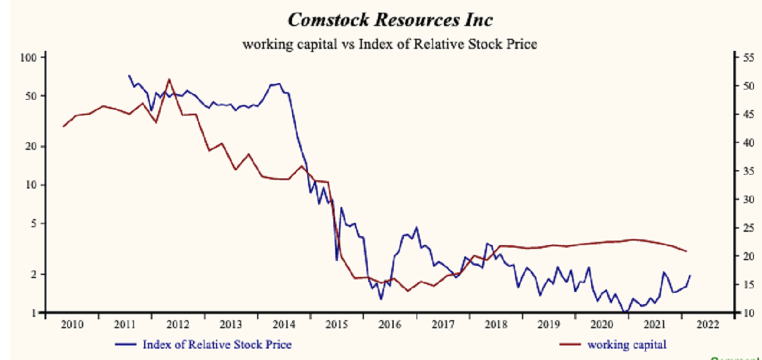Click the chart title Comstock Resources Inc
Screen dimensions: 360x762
[x=390, y=20]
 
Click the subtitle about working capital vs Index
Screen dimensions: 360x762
[x=390, y=44]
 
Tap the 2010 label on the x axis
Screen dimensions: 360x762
[x=71, y=324]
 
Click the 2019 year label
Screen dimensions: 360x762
[x=549, y=324]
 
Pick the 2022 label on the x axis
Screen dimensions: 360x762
[x=707, y=324]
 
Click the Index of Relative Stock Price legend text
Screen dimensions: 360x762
[x=217, y=345]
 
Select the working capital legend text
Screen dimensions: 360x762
[x=627, y=345]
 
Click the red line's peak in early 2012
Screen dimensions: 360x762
[x=169, y=79]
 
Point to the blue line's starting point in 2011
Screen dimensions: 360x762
[x=129, y=76]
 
